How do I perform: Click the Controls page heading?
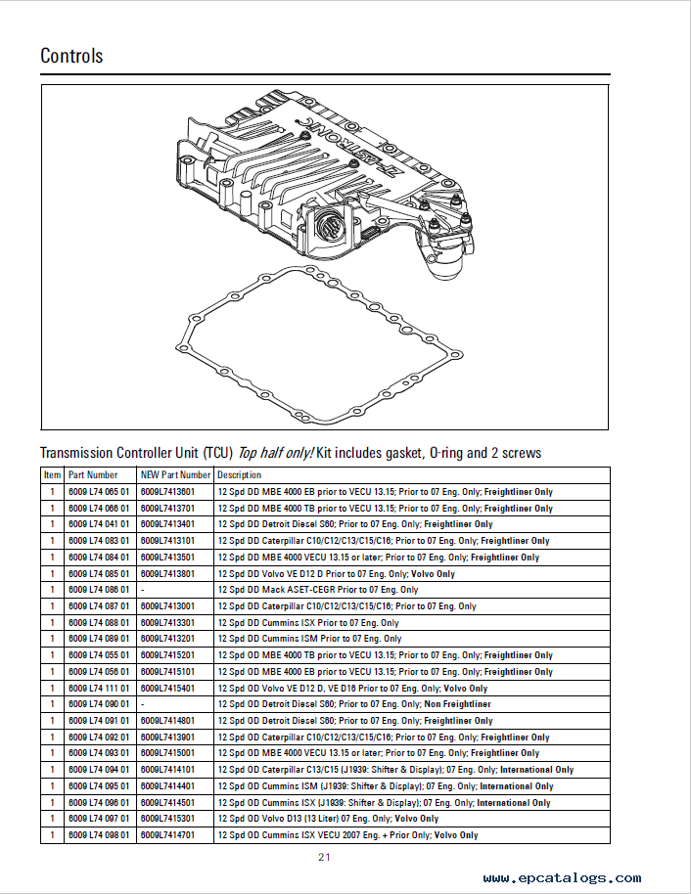click(71, 56)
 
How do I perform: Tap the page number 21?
click(324, 858)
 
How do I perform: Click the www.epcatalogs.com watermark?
click(562, 878)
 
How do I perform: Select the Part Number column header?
click(93, 475)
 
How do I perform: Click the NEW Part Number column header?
click(175, 475)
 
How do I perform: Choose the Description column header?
click(240, 475)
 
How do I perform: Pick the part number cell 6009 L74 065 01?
click(98, 492)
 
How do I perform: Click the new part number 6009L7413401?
click(167, 524)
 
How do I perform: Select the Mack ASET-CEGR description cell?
click(317, 590)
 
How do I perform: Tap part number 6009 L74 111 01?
click(98, 688)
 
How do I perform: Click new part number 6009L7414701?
click(167, 835)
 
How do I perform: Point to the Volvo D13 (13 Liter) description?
click(328, 819)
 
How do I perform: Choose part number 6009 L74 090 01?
click(98, 704)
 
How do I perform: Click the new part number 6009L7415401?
click(167, 688)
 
